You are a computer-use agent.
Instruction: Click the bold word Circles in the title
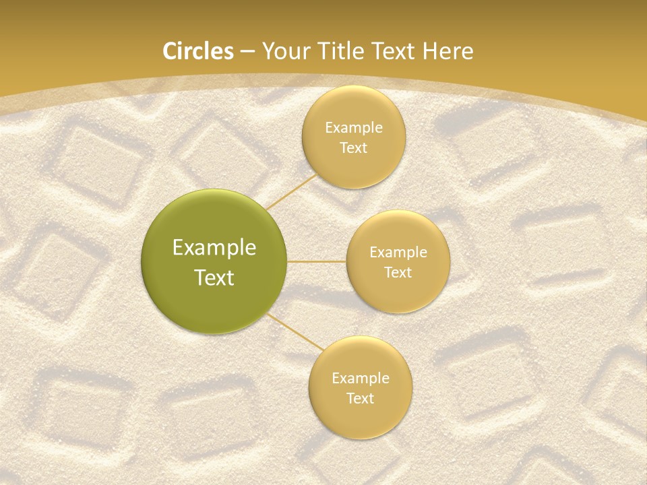[x=197, y=51]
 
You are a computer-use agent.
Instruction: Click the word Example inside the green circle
[x=214, y=248]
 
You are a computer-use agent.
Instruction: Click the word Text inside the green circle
[x=214, y=278]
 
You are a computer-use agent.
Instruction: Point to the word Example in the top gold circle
[x=354, y=128]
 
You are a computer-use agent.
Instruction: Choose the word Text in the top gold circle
[x=354, y=148]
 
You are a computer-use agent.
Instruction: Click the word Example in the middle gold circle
[x=398, y=253]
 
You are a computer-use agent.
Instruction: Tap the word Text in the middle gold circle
[x=398, y=273]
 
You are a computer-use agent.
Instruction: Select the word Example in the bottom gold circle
[x=361, y=379]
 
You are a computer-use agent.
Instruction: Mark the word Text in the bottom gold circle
[x=361, y=399]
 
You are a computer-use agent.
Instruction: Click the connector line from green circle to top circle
[x=291, y=191]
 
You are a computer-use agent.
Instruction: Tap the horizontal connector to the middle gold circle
[x=317, y=261]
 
